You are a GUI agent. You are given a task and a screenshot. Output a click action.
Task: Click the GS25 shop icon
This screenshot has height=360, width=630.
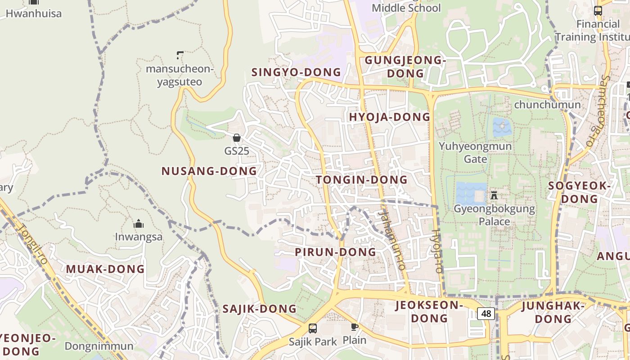click(x=236, y=138)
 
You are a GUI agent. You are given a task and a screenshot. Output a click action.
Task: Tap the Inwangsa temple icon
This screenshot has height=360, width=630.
click(x=139, y=224)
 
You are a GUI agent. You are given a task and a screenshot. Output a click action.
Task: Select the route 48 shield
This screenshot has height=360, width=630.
click(x=486, y=313)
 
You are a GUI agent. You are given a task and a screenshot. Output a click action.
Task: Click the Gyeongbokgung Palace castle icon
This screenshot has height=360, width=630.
click(x=494, y=195)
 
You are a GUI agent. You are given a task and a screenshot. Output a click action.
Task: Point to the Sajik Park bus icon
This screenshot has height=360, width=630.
click(x=313, y=328)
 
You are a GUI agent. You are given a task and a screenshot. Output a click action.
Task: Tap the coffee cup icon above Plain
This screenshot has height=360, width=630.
click(x=355, y=327)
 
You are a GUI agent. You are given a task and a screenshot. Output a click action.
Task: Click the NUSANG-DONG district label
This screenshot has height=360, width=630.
click(x=209, y=171)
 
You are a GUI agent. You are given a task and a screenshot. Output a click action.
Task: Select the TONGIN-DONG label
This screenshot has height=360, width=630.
click(x=362, y=180)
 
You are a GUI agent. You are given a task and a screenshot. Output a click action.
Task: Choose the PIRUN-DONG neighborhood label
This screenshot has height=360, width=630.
click(x=336, y=252)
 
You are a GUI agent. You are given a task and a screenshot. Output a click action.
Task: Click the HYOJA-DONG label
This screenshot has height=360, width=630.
click(x=390, y=117)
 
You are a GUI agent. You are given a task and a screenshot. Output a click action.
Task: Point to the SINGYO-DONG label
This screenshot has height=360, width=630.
click(x=296, y=72)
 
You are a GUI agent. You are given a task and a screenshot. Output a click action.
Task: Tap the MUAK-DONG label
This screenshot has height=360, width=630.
click(x=105, y=269)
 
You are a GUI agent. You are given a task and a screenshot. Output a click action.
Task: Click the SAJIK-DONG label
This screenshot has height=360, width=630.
click(x=260, y=309)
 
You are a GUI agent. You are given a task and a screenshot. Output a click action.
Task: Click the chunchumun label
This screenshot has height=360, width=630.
click(x=547, y=105)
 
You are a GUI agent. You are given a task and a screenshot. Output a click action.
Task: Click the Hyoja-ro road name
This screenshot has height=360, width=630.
click(x=436, y=251)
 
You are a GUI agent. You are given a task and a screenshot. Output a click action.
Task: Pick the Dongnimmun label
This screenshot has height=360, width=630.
click(x=99, y=346)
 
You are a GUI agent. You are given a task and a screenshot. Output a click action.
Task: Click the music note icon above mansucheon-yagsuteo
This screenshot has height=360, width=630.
click(x=180, y=55)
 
